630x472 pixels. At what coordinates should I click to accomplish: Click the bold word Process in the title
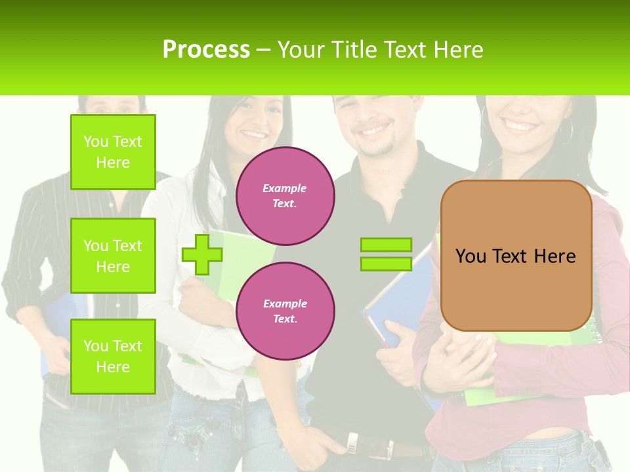click(206, 50)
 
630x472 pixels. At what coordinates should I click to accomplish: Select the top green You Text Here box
click(113, 152)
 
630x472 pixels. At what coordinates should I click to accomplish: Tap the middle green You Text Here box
click(113, 256)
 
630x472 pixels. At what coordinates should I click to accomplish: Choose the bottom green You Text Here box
click(113, 356)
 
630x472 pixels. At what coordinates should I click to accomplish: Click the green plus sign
click(201, 254)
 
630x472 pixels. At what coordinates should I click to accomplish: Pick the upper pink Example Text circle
click(285, 196)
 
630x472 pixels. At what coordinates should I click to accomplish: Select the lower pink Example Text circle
click(285, 311)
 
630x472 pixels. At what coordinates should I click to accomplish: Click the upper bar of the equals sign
click(386, 245)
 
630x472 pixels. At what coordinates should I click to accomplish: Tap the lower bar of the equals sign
click(386, 264)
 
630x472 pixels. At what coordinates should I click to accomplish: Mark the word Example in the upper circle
click(285, 188)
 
